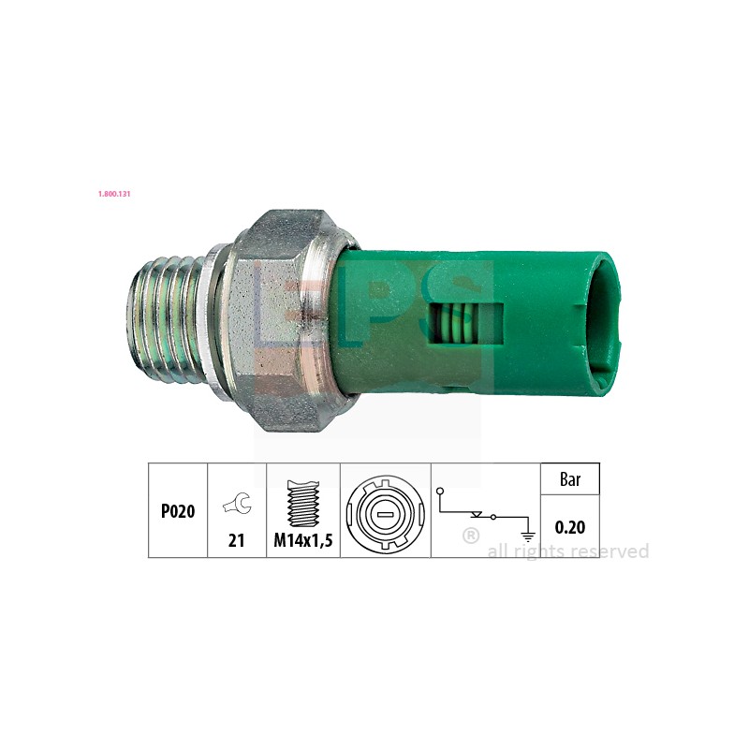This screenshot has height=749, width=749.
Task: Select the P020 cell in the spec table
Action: click(177, 511)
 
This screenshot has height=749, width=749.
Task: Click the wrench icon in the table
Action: click(236, 507)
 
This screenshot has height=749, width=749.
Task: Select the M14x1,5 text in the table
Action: click(303, 540)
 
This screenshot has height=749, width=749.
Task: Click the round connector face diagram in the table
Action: click(385, 511)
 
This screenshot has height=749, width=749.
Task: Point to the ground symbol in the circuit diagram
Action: click(528, 536)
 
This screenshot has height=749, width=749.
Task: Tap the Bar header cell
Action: click(570, 479)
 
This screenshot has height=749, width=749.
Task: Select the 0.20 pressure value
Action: click(570, 527)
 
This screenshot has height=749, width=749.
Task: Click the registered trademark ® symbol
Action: click(471, 536)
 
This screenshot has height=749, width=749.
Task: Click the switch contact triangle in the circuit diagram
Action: click(478, 514)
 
